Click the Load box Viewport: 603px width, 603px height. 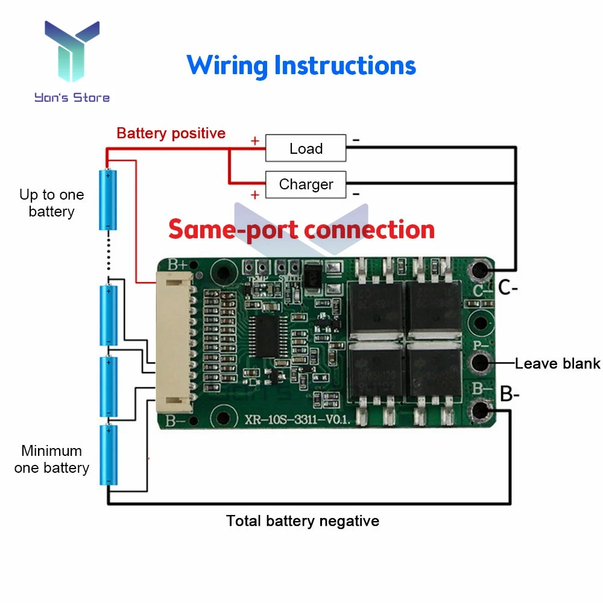(306, 148)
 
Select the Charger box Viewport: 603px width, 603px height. (306, 185)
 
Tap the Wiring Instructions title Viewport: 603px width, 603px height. (301, 65)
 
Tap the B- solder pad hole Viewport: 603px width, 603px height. (481, 410)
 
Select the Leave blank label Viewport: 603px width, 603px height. (557, 363)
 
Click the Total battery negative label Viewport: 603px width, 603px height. (303, 521)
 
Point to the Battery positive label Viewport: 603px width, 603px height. (171, 133)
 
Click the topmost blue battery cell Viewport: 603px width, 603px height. (108, 200)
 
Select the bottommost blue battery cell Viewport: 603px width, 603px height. (108, 455)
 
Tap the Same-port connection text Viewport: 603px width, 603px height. (301, 230)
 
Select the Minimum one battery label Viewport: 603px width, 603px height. (51, 459)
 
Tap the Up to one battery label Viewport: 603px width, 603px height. (51, 203)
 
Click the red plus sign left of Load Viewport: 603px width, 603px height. (254, 141)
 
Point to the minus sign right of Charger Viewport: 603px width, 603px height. (356, 194)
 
